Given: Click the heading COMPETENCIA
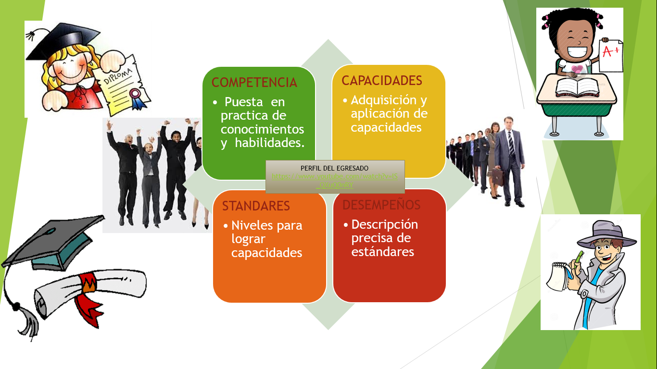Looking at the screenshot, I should [x=254, y=83].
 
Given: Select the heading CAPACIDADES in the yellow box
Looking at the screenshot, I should [x=382, y=81].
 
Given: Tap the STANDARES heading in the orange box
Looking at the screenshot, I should [x=256, y=206].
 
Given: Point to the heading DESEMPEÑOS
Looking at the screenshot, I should [x=381, y=205].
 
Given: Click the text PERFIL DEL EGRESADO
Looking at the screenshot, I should [x=334, y=168].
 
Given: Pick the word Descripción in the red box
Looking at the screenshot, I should [x=385, y=225].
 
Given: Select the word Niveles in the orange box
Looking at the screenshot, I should [x=249, y=225].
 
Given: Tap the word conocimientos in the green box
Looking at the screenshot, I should [x=263, y=130].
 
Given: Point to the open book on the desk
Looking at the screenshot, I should [x=577, y=87].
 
